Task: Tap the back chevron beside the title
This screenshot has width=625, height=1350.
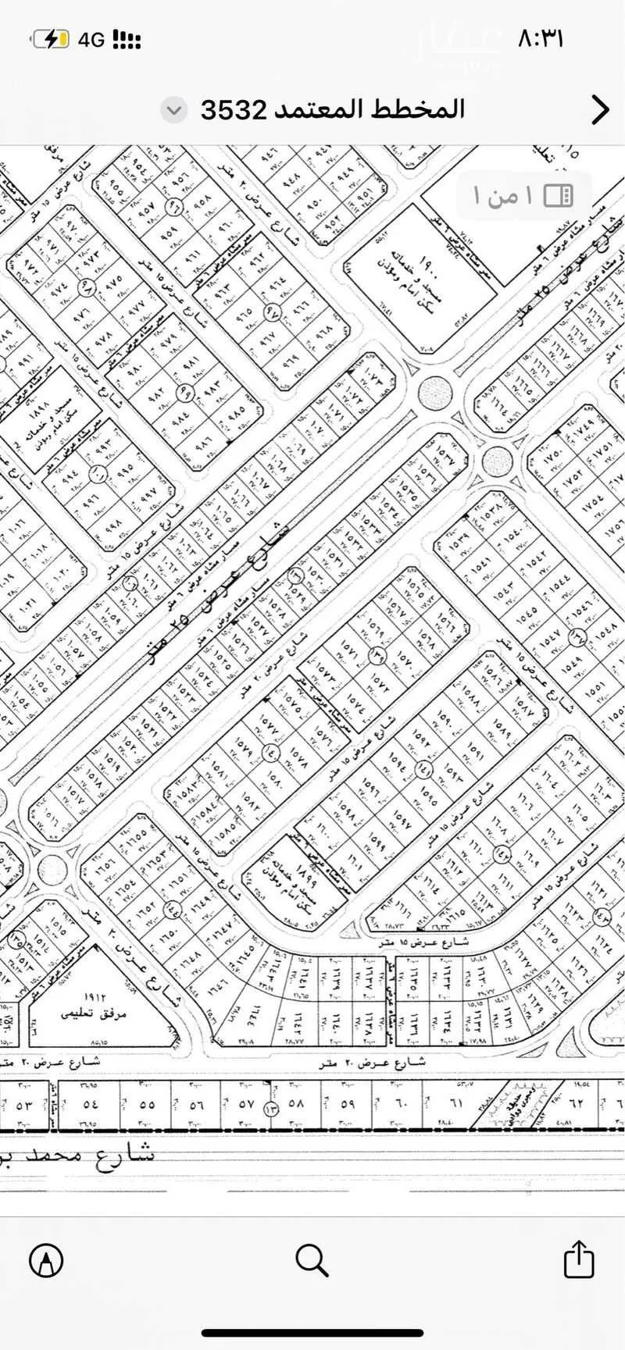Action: pos(600,110)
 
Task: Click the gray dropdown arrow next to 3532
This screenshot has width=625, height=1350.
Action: pos(174,110)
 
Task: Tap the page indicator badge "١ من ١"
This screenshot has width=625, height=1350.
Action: pos(523,194)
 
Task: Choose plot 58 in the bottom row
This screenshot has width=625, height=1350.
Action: pos(295,1105)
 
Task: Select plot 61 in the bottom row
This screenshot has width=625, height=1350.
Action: pos(455,1104)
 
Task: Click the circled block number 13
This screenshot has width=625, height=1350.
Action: pos(271,1110)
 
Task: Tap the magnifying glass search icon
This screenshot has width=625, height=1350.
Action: pos(312,1259)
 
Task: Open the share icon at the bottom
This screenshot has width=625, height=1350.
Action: pos(579,1259)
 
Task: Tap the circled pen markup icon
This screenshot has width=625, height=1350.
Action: pos(46,1259)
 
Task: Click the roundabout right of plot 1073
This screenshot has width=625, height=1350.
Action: pos(434,393)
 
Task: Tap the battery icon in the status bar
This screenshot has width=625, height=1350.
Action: pos(53,39)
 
